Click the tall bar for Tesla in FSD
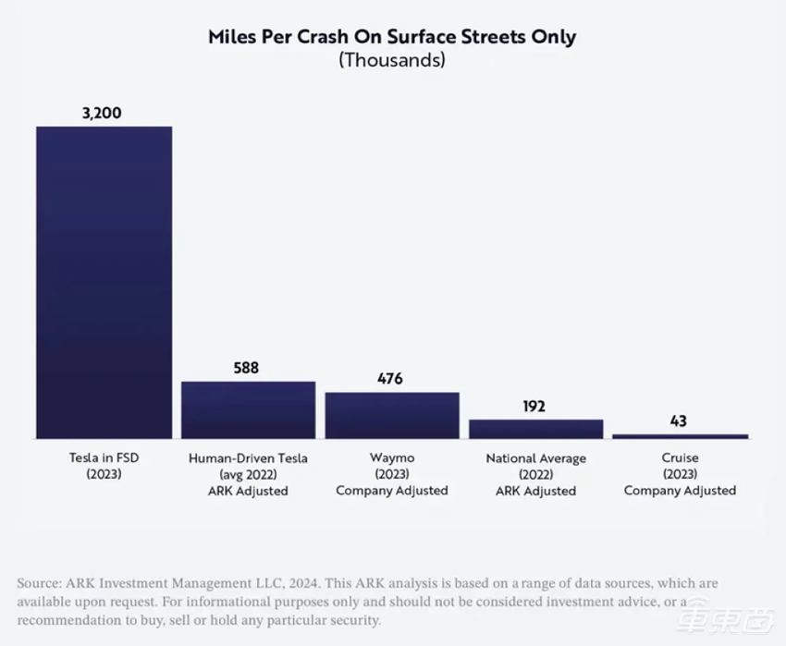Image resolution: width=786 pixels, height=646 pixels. pyautogui.click(x=104, y=282)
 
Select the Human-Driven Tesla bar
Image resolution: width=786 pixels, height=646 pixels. pyautogui.click(x=248, y=409)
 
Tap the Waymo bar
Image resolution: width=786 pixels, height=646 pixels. pyautogui.click(x=392, y=415)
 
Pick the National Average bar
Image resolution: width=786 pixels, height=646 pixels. pyautogui.click(x=535, y=429)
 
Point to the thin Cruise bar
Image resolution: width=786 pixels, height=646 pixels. pyautogui.click(x=680, y=435)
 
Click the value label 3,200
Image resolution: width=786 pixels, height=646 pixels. pyautogui.click(x=102, y=114)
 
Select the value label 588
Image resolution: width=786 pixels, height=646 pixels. pyautogui.click(x=246, y=368)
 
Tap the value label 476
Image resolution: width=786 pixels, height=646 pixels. pyautogui.click(x=391, y=379)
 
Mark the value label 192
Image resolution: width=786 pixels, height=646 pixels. pyautogui.click(x=535, y=406)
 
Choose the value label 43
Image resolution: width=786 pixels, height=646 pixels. pyautogui.click(x=680, y=421)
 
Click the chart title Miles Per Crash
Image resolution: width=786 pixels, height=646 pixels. pyautogui.click(x=392, y=38)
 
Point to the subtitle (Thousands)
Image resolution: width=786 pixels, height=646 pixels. pyautogui.click(x=392, y=61)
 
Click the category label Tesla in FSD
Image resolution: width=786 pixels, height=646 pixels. pyautogui.click(x=103, y=458)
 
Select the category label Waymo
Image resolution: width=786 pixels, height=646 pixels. pyautogui.click(x=392, y=458)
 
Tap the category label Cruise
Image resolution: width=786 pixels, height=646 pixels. pyautogui.click(x=680, y=458)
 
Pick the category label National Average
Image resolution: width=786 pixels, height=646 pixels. pyautogui.click(x=535, y=458)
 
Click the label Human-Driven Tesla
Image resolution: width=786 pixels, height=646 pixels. pyautogui.click(x=248, y=458)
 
